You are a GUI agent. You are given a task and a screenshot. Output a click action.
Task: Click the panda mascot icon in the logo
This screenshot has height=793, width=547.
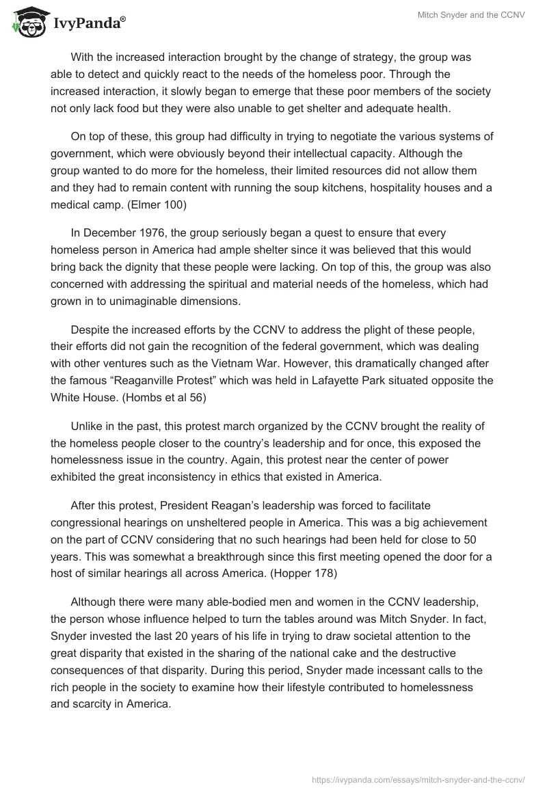coord(25,21)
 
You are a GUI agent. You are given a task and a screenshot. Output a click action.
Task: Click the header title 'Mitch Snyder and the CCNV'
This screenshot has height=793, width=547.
coord(471,15)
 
